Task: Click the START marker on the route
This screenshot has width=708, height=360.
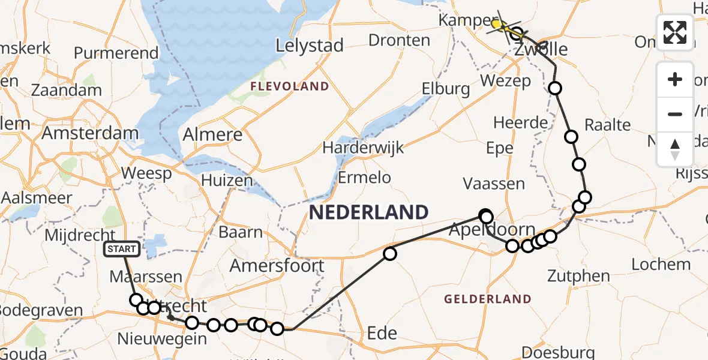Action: pos(122,249)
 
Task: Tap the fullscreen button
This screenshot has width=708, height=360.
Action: pos(675,32)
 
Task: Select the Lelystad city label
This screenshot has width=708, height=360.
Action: pos(310,45)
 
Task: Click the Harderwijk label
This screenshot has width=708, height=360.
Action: pos(363,147)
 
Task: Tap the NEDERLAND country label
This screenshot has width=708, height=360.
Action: pos(368,212)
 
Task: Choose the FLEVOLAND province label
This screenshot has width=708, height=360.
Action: pos(290,86)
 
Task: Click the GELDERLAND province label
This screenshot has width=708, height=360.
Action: pos(487,299)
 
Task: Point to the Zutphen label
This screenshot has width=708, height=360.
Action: pos(578,277)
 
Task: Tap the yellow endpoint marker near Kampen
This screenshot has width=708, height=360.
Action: pos(497,24)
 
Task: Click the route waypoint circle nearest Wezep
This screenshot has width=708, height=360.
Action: pos(555,89)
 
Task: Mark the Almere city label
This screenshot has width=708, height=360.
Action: pos(213,134)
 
